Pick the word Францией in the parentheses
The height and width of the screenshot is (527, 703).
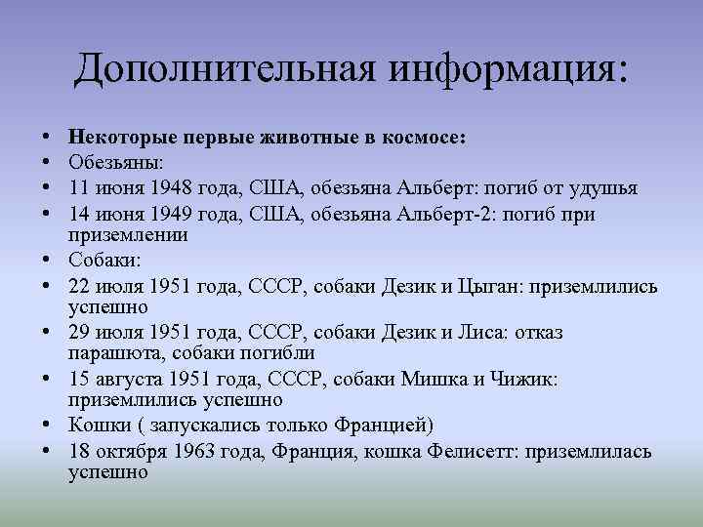pos(383,426)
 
